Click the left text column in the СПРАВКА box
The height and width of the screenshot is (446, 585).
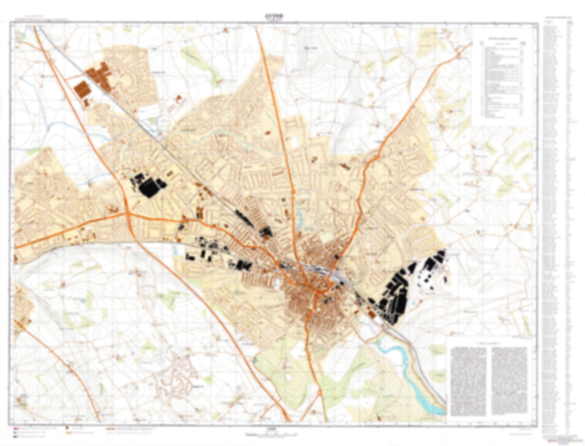[470, 381]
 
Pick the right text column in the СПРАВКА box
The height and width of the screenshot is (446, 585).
[510, 381]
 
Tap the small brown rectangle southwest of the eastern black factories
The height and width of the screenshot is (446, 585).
[371, 314]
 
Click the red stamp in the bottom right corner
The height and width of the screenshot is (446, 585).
[550, 442]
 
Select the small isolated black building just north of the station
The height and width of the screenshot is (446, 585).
[337, 256]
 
